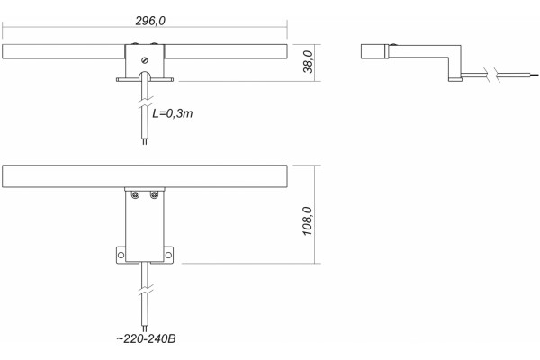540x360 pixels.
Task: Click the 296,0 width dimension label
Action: tap(150, 21)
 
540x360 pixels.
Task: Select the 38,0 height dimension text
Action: tap(308, 62)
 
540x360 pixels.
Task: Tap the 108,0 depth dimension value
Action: tap(307, 220)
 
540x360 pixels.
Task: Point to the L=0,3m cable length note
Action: tap(173, 113)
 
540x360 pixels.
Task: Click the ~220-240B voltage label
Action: tap(146, 338)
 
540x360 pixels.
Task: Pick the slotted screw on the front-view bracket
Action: tap(145, 60)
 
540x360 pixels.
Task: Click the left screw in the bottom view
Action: tap(135, 195)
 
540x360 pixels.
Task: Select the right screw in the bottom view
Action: tap(154, 195)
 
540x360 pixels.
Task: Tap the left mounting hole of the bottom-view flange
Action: tap(121, 255)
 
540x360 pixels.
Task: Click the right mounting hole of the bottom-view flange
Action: tap(168, 255)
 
